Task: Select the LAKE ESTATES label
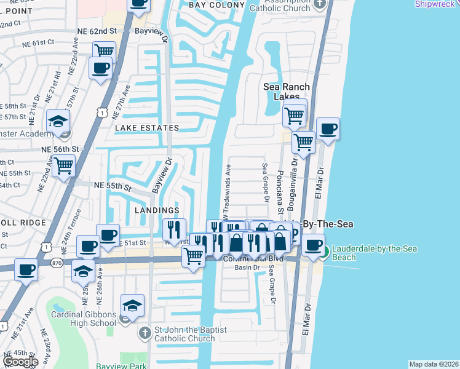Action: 146,128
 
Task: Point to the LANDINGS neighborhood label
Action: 156,210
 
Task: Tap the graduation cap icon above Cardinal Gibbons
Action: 132,304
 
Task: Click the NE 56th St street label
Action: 61,149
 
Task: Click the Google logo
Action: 20,362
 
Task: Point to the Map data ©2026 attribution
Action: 434,364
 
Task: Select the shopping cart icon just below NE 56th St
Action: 63,165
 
